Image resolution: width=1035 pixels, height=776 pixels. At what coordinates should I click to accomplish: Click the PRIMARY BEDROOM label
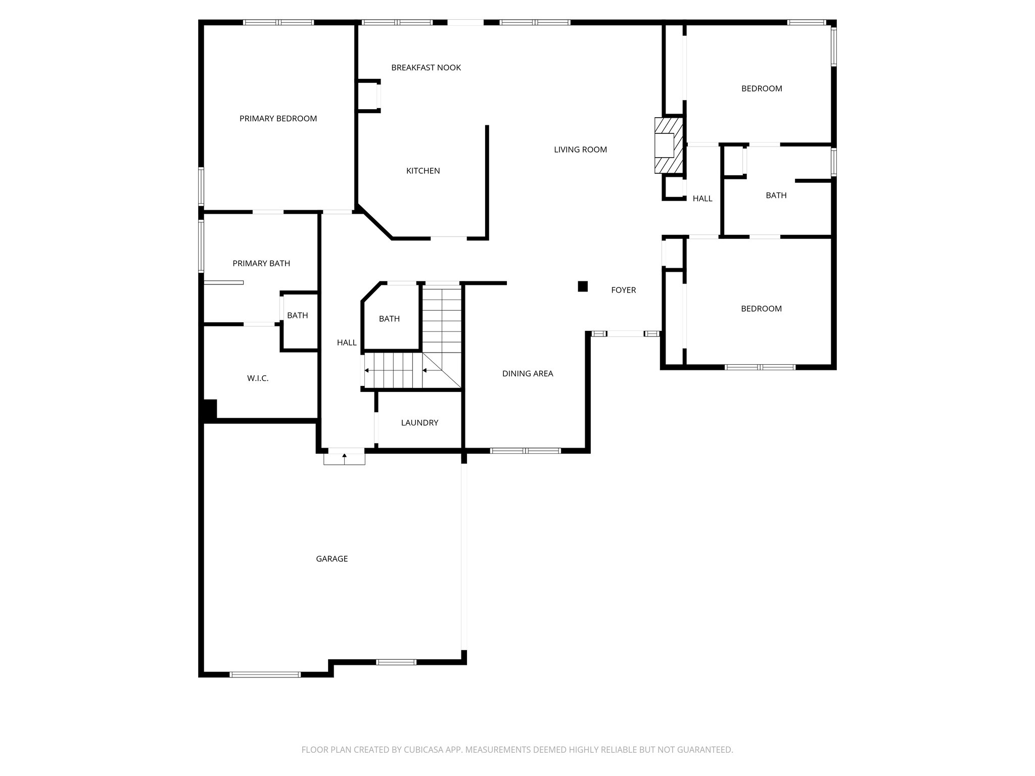coord(278,119)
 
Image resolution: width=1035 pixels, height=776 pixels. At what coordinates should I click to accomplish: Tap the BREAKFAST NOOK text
coord(426,68)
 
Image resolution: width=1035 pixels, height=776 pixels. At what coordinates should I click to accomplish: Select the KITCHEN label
coord(423,171)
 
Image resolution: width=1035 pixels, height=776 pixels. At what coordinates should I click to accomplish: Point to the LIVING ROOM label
coord(580,150)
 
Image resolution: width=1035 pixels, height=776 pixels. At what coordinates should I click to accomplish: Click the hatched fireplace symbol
coord(668,145)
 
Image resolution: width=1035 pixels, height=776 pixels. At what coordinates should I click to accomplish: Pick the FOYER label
coord(623,290)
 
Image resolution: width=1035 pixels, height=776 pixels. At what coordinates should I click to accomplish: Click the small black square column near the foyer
coord(583,286)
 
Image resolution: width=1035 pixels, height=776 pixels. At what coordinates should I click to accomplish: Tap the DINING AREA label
coord(527,374)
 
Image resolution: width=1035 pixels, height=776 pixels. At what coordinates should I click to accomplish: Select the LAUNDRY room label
coord(419,423)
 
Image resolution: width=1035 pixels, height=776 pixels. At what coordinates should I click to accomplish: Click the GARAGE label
coord(332,559)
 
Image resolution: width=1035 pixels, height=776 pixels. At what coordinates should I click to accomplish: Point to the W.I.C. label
coord(258,378)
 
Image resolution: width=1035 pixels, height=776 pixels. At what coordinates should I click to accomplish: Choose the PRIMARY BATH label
coord(261,263)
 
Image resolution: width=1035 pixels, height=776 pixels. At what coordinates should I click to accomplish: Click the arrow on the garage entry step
coord(344,457)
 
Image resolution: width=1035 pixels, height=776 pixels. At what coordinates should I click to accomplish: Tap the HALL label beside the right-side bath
coord(702,199)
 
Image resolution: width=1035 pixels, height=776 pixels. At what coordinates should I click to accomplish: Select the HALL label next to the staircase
coord(347,343)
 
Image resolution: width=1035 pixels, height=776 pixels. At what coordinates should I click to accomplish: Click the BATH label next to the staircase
coord(389,319)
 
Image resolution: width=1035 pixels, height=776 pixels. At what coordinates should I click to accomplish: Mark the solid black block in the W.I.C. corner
coord(209,409)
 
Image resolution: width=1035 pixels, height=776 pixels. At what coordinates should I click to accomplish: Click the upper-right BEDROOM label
coord(761,88)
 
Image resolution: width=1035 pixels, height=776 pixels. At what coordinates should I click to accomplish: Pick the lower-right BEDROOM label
coord(761,309)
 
